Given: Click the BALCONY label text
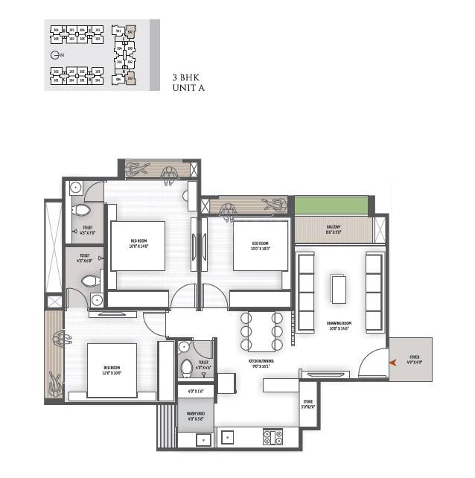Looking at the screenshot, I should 334,229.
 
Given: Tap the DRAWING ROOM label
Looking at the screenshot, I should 339,325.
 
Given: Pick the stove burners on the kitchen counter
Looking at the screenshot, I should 273,437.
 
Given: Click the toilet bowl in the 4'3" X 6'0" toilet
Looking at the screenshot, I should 89,281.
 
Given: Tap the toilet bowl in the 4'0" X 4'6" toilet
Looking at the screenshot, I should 188,369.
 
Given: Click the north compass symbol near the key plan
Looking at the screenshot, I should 54,56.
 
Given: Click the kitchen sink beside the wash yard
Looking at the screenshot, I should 203,438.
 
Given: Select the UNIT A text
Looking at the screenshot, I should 188,88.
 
